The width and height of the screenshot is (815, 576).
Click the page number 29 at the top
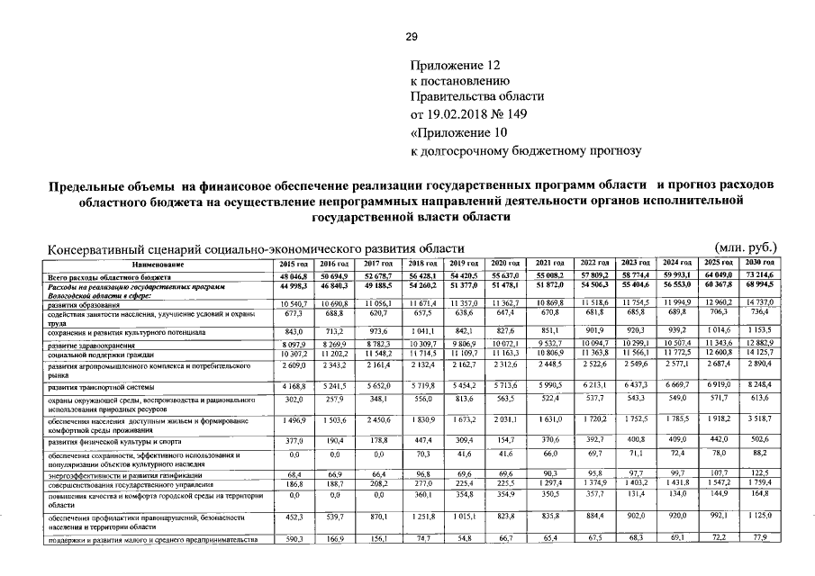click(x=411, y=37)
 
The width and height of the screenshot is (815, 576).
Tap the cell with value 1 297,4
click(x=550, y=484)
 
